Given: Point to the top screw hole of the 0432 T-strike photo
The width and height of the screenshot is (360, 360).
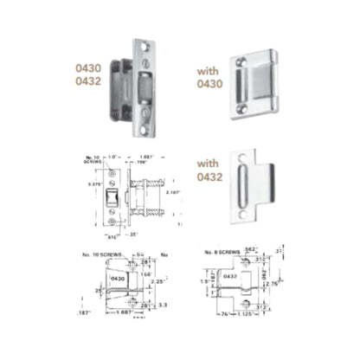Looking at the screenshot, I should tap(240, 161).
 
